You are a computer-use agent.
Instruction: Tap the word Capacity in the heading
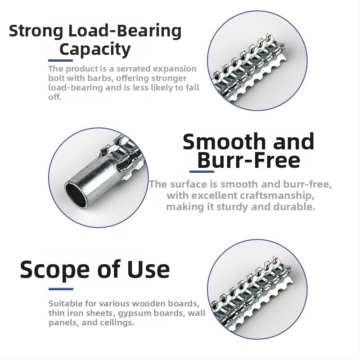tap(95, 49)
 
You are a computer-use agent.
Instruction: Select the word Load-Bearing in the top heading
tap(125, 31)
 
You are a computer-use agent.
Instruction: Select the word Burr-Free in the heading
tap(248, 160)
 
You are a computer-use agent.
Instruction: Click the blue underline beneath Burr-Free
tap(202, 171)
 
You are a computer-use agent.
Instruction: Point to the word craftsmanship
tap(274, 196)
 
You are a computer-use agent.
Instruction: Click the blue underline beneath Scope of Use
tap(61, 289)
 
